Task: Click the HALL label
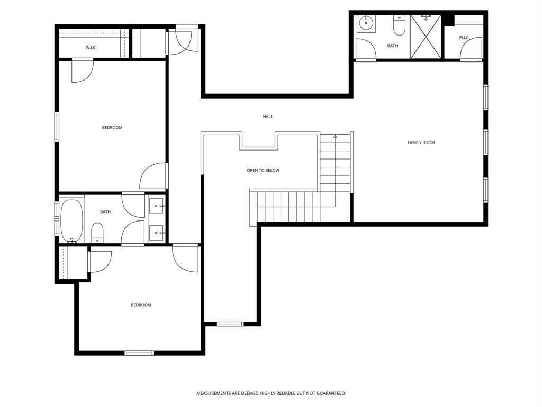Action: click(x=268, y=117)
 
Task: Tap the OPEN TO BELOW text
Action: click(x=263, y=171)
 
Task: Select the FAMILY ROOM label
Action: click(x=421, y=143)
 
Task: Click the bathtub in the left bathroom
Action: click(x=71, y=220)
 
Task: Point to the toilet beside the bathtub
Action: click(x=97, y=232)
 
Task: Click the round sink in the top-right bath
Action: click(x=366, y=24)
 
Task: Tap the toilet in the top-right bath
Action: click(x=399, y=25)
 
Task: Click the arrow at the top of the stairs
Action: click(x=335, y=137)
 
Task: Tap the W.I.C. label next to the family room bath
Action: click(x=464, y=38)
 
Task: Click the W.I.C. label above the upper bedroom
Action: click(x=91, y=48)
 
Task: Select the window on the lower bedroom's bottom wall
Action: click(x=139, y=353)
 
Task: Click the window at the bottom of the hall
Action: click(x=230, y=324)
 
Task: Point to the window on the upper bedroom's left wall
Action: click(x=57, y=127)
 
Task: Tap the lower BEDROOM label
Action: click(x=141, y=305)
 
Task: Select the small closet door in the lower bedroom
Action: click(x=101, y=261)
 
